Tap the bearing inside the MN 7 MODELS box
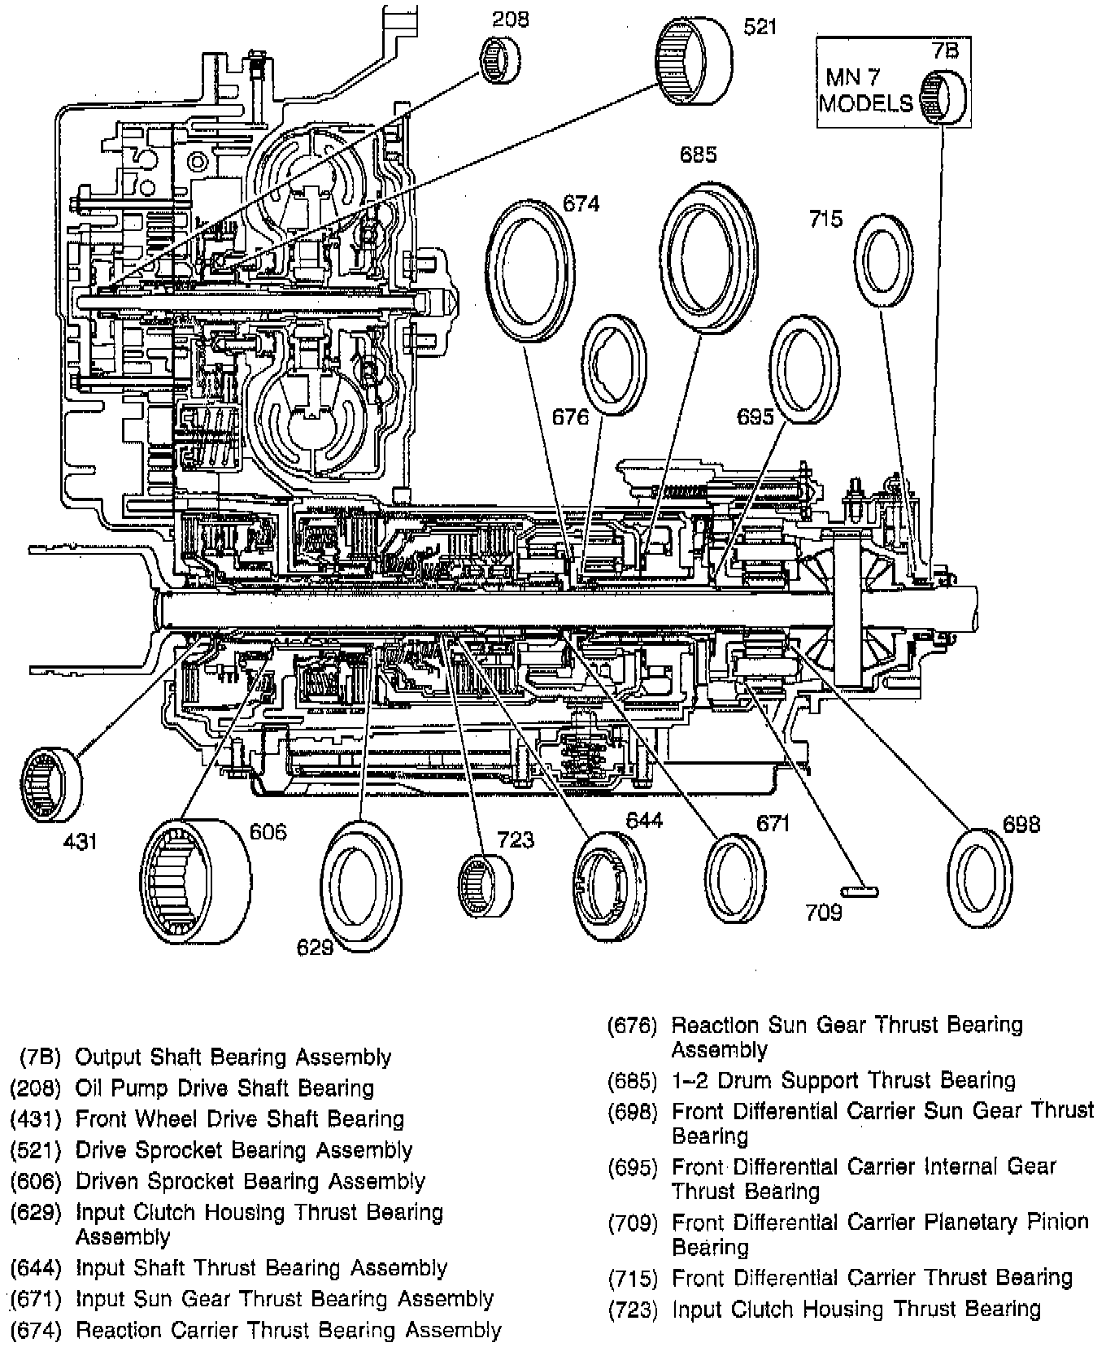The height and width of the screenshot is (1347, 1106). click(943, 96)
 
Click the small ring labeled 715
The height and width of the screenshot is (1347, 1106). click(884, 262)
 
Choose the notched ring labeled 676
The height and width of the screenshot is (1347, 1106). click(614, 364)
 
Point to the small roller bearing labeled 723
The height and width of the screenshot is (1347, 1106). click(485, 884)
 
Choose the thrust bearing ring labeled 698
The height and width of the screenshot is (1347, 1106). click(981, 878)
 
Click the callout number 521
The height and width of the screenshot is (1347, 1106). click(760, 28)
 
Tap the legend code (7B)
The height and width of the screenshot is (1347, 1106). click(41, 1057)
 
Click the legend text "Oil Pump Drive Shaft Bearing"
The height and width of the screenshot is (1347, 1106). click(224, 1088)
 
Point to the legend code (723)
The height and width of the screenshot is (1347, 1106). click(635, 1309)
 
